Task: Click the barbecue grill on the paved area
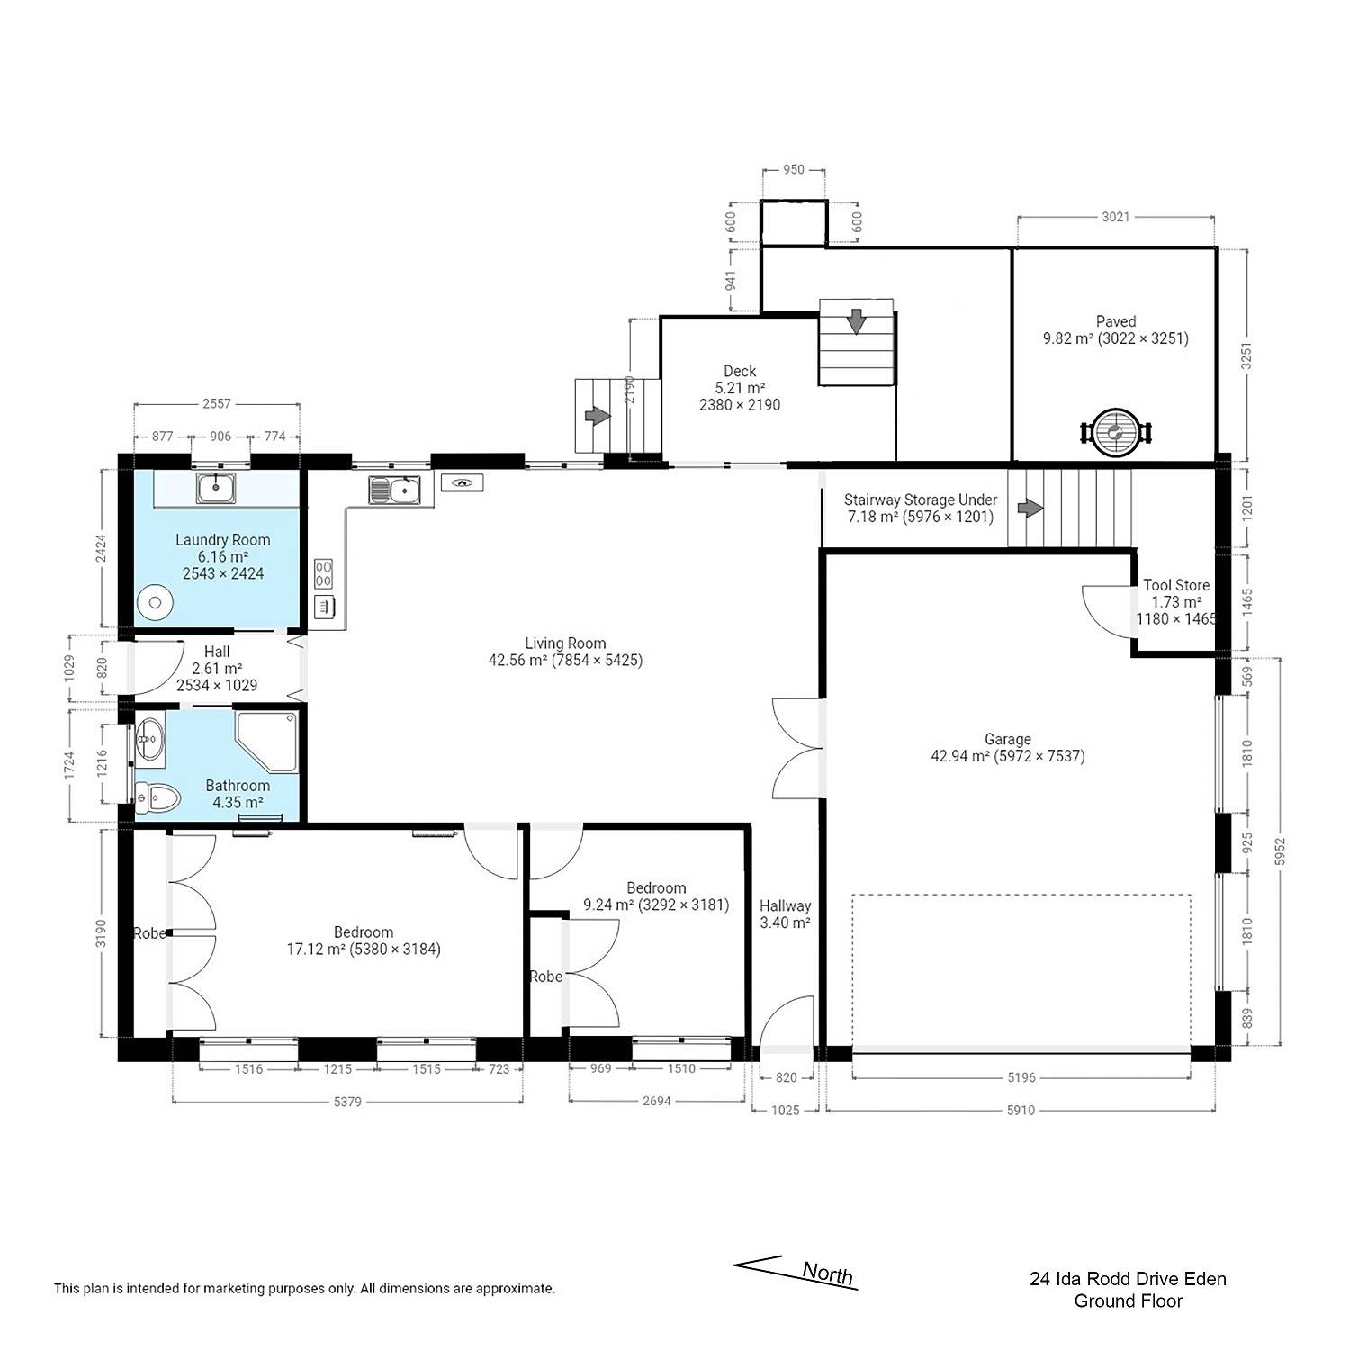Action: (x=1116, y=433)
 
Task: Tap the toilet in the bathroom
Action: (x=157, y=797)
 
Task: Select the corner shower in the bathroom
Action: (x=266, y=742)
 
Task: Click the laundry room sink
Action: (x=216, y=489)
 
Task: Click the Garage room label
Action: (x=1007, y=739)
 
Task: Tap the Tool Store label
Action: (x=1176, y=585)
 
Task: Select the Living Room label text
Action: (x=565, y=643)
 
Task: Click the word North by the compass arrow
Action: (x=827, y=1273)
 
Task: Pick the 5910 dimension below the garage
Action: (x=1021, y=1110)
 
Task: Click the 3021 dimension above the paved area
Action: (x=1115, y=217)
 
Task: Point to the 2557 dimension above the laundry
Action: (x=216, y=404)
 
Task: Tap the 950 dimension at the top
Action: (x=793, y=169)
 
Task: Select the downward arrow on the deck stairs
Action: (x=856, y=320)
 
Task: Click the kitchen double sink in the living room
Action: (x=394, y=490)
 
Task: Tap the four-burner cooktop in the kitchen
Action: (x=323, y=573)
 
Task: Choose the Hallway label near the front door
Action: (x=785, y=905)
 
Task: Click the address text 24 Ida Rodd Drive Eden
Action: (x=1128, y=1278)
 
